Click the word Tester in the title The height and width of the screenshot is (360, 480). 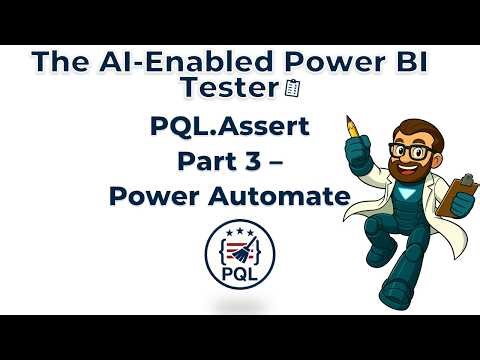pyautogui.click(x=225, y=89)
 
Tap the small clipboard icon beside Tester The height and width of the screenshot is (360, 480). pyautogui.click(x=291, y=90)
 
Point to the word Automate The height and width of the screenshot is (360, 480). pyautogui.click(x=286, y=196)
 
